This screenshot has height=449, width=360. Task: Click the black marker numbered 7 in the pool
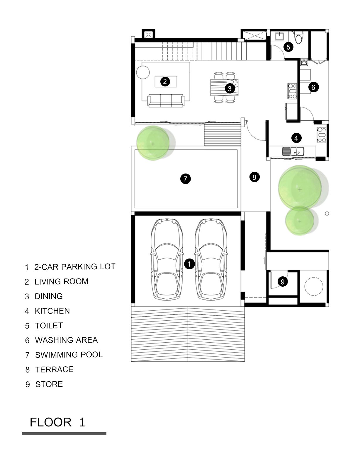tap(185, 178)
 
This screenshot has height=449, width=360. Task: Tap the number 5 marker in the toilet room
tap(288, 47)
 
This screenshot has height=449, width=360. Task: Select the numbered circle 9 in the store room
tap(283, 282)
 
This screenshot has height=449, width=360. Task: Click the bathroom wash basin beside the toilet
tap(279, 37)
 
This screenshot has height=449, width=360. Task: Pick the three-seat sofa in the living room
tap(166, 101)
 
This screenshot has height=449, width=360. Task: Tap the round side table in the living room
tap(143, 72)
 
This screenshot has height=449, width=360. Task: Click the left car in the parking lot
tap(167, 259)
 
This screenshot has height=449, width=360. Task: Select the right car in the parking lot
tap(211, 259)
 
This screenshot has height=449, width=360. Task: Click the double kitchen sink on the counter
tap(293, 151)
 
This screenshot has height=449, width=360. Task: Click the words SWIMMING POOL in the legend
tap(69, 355)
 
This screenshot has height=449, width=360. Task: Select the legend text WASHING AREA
tap(66, 340)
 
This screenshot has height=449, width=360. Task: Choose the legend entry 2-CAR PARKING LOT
tap(75, 267)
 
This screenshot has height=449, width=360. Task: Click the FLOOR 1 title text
tap(57, 422)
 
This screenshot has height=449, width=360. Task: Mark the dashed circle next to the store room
tap(314, 286)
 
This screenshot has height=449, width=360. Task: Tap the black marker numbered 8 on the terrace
tap(254, 177)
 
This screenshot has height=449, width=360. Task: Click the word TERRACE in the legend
tap(54, 370)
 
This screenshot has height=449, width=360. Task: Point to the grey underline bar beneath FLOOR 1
tap(64, 434)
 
